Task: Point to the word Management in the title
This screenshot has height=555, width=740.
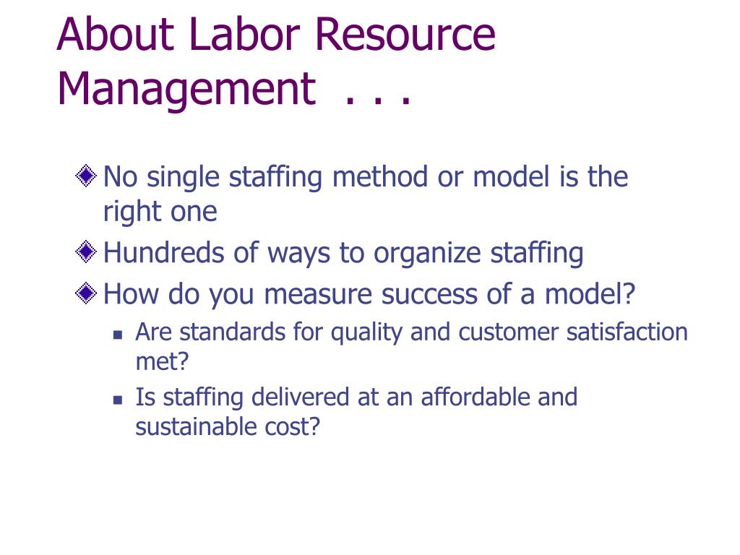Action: pos(186,90)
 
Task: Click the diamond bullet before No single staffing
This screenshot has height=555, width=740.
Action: pos(86,176)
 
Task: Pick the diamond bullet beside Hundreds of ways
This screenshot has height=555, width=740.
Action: pos(86,251)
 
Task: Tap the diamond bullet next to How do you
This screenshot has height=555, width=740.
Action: pos(86,293)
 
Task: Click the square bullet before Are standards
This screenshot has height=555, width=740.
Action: pos(118,335)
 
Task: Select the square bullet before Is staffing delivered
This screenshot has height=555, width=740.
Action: pos(118,400)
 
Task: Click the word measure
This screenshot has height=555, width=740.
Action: pos(318,295)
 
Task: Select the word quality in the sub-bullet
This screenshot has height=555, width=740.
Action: pos(366,332)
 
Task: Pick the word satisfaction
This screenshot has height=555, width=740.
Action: pos(627,332)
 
